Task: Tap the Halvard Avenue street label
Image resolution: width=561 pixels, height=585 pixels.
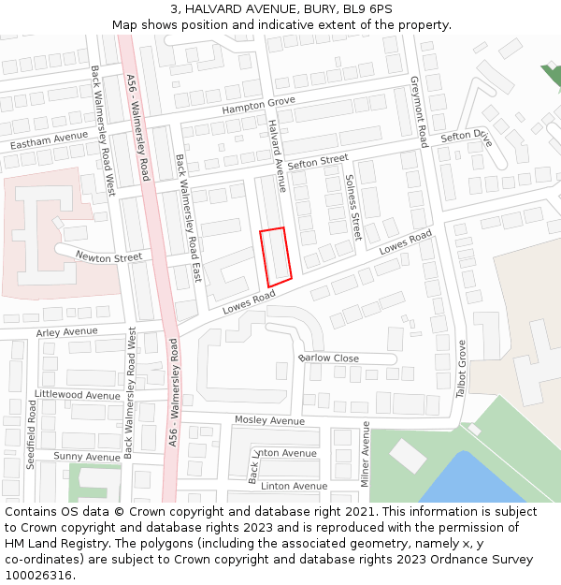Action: (276, 150)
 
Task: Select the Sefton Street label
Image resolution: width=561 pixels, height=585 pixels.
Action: (318, 163)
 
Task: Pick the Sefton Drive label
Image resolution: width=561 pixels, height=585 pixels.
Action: (466, 136)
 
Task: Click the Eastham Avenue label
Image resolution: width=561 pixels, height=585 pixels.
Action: (49, 142)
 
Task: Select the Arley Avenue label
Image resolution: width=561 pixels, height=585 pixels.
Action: (66, 332)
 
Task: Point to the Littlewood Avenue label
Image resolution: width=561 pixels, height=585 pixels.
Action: (78, 395)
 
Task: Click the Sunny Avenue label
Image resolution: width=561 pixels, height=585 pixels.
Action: (87, 457)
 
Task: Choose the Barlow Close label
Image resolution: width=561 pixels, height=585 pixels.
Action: (328, 358)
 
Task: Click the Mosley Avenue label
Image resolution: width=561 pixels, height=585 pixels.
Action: (269, 420)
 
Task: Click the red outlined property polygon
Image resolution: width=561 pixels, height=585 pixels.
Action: (275, 256)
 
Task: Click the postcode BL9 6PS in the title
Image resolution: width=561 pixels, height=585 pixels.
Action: (367, 9)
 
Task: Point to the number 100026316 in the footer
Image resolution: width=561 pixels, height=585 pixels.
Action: (38, 575)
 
